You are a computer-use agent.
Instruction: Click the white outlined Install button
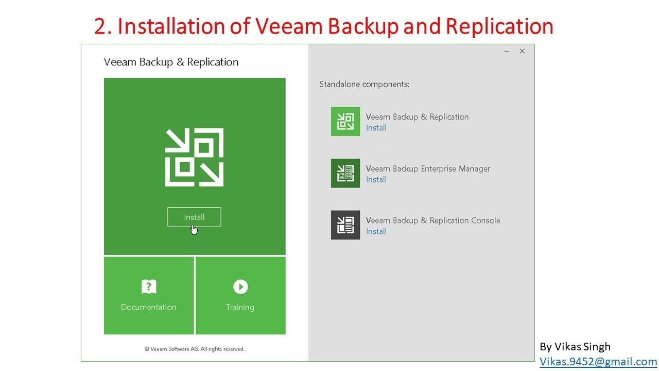pos(194,217)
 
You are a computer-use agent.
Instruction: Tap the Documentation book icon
pos(148,286)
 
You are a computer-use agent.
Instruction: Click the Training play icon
pos(240,286)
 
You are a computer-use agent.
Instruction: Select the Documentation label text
pos(148,307)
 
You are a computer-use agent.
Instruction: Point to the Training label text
pos(240,307)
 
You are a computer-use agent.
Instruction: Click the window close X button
pos(522,51)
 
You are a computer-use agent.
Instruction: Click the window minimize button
pos(507,51)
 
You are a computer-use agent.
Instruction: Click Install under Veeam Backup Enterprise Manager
pos(376,179)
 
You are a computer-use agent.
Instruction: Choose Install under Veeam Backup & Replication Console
pos(376,231)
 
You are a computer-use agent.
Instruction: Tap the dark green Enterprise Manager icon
pos(345,173)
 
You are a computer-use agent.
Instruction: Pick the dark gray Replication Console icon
pos(345,225)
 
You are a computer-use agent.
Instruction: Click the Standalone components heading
pos(364,84)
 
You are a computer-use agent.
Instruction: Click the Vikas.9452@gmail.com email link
pos(598,362)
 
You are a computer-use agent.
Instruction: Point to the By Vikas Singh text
pos(575,346)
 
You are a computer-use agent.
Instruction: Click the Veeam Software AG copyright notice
pos(195,349)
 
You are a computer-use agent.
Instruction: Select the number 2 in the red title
pos(100,26)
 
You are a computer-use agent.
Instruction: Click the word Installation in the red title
pos(171,26)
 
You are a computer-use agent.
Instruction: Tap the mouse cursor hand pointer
pos(194,229)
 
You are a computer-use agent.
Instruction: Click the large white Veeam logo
pos(195,157)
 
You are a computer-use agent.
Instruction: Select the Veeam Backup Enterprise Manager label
pos(428,168)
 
